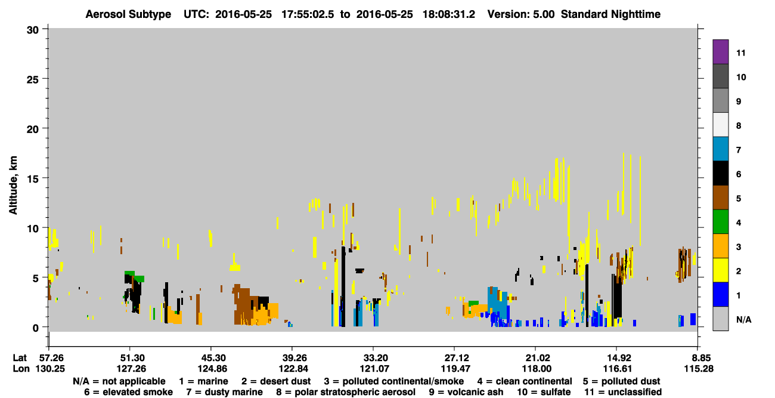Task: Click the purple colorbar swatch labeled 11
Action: coord(720,51)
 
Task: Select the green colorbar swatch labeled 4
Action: coord(720,222)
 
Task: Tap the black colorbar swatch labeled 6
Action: coord(720,173)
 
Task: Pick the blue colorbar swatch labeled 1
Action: coord(720,294)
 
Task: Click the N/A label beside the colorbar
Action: coord(743,319)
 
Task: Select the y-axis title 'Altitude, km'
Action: coord(13,185)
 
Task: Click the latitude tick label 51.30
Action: coord(130,358)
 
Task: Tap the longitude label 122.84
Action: coord(293,369)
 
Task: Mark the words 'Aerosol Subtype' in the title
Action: coord(128,14)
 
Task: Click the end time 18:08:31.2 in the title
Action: coord(448,14)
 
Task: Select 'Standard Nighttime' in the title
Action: coord(610,14)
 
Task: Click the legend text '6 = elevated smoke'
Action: coord(128,392)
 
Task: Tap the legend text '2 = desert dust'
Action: coord(276,381)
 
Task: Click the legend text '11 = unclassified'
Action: coord(623,392)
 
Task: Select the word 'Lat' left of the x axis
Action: coord(20,358)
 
